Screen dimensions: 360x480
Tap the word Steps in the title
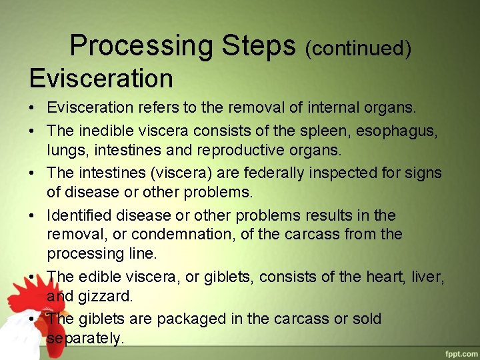click(259, 46)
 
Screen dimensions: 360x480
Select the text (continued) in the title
click(358, 48)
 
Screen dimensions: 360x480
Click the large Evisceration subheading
click(101, 79)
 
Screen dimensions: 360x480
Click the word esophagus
click(400, 131)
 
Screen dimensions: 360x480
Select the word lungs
click(65, 150)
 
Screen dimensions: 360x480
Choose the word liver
click(430, 277)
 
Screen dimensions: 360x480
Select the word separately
click(85, 338)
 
